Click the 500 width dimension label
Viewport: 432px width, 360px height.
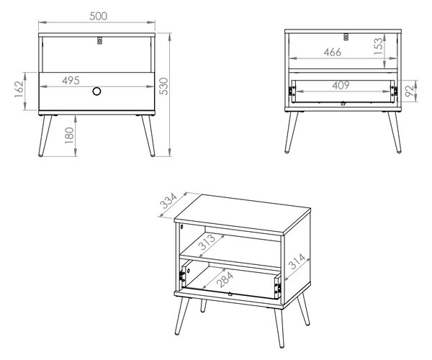coord(99,17)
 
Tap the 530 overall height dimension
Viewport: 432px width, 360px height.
coord(164,86)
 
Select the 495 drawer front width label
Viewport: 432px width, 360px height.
coord(71,81)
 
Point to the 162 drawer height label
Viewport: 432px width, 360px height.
coord(19,89)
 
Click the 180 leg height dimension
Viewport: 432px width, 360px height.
coord(69,135)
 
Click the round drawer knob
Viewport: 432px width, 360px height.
coord(96,91)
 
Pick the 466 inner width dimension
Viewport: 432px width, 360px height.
coord(333,53)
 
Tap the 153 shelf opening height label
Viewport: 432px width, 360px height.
coord(379,46)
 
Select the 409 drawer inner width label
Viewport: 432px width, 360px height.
coord(341,86)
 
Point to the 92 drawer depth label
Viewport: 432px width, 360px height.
coord(410,91)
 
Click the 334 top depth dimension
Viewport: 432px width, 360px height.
coord(168,201)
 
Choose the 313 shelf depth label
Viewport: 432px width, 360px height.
coord(207,242)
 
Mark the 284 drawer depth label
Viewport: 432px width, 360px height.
coord(225,279)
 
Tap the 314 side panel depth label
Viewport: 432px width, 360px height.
coord(297,261)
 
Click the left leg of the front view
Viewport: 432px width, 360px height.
coord(45,136)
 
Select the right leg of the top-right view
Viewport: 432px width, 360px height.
coord(395,132)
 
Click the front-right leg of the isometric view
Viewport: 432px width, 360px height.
coord(279,328)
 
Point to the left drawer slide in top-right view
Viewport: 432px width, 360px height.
coord(292,91)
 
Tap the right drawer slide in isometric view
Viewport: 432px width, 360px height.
coord(278,287)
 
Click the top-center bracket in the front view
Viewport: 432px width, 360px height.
coord(100,40)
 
